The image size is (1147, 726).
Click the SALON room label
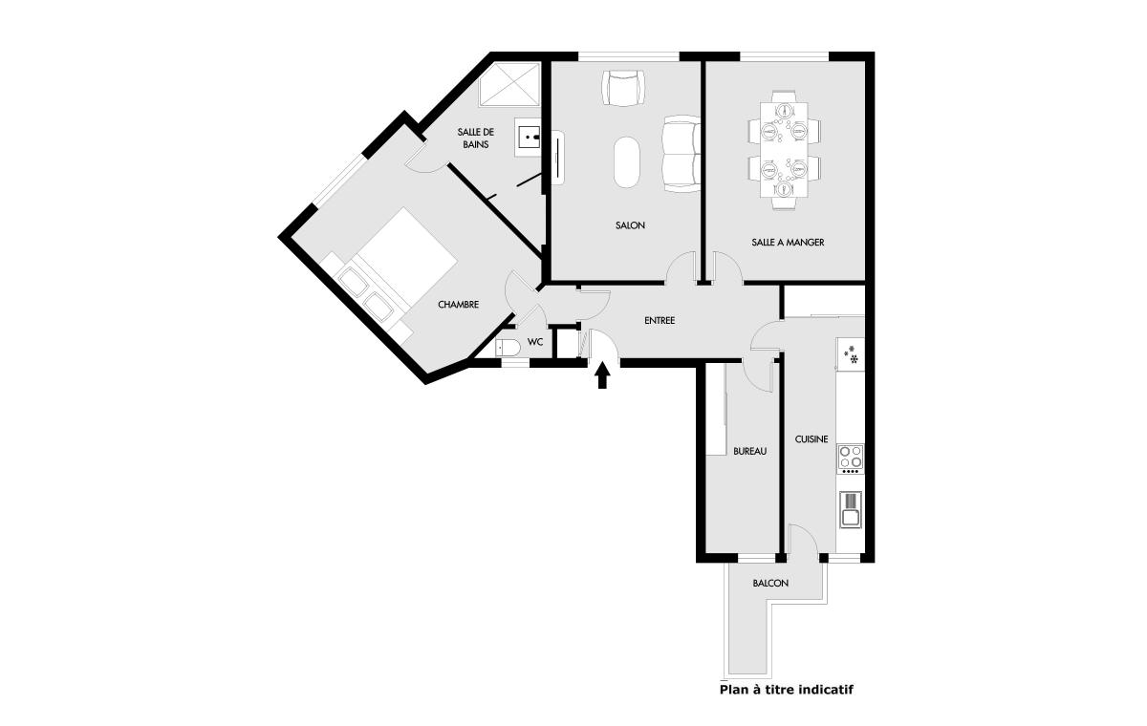(x=630, y=225)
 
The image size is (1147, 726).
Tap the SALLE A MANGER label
(x=788, y=243)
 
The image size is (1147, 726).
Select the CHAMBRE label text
(x=458, y=305)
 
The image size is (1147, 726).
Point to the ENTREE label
(x=660, y=321)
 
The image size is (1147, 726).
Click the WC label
(x=535, y=342)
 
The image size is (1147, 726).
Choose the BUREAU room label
(x=750, y=452)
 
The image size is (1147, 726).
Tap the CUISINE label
(x=812, y=439)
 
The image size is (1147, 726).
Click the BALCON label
(x=770, y=584)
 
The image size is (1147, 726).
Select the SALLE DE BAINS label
(x=476, y=139)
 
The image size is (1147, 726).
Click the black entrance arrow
(x=603, y=375)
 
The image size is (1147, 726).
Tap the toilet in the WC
(x=508, y=348)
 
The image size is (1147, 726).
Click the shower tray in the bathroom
(x=509, y=85)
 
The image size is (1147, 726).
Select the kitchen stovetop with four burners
(x=851, y=459)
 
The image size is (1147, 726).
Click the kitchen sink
(x=851, y=509)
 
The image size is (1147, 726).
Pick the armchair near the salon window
(x=623, y=88)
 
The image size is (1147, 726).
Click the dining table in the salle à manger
(x=784, y=150)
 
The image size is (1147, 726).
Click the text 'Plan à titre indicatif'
(x=787, y=691)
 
